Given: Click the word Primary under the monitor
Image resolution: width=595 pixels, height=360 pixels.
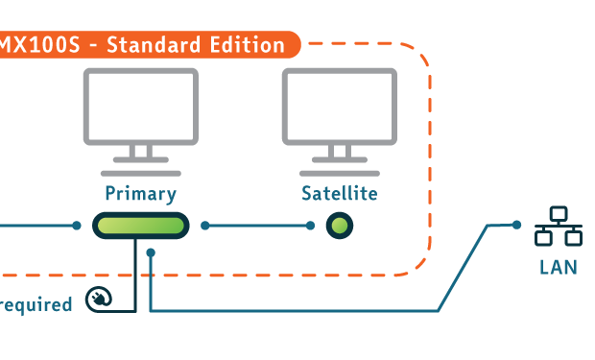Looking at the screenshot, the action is click(141, 194).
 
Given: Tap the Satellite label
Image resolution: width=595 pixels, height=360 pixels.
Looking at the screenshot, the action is click(340, 193).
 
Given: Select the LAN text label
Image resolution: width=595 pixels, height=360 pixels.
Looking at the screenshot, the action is click(559, 267).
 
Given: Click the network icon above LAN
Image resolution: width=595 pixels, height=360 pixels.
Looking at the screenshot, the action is click(559, 226).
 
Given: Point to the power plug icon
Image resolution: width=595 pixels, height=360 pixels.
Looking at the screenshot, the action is click(99, 299).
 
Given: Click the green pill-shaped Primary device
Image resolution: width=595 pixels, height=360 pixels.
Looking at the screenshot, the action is click(141, 226).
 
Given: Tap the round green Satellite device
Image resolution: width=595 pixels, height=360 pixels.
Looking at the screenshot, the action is click(340, 226).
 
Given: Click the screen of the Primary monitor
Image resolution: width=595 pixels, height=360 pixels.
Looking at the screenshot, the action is click(141, 107).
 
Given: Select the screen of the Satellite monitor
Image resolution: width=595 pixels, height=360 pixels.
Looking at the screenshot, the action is click(340, 107).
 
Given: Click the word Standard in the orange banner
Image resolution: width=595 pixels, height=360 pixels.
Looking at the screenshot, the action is click(154, 45).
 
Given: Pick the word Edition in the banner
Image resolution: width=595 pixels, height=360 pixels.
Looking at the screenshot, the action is click(247, 45).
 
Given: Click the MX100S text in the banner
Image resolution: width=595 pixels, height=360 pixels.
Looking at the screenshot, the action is click(39, 45).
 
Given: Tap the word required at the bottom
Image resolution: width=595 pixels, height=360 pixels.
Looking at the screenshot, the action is click(36, 305).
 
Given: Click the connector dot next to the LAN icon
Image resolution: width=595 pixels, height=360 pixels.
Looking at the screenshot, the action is click(516, 225).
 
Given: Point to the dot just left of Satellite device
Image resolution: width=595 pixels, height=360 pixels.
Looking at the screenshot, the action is click(310, 226).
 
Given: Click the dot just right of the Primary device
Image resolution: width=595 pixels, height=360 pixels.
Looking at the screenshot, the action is click(205, 226).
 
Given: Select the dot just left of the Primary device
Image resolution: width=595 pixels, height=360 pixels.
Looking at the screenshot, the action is click(77, 226).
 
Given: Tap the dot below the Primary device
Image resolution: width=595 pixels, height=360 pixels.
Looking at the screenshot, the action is click(151, 252).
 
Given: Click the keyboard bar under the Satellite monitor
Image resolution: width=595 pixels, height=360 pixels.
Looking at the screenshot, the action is click(340, 174).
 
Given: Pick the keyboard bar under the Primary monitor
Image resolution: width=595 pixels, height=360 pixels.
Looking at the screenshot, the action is click(141, 174).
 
